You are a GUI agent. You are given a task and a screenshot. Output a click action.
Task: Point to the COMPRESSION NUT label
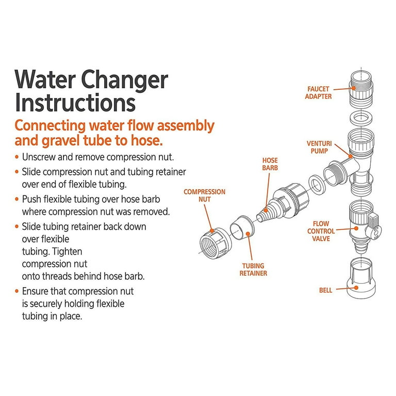pos(205,195)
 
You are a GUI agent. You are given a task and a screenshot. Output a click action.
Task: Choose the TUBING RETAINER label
pos(253,269)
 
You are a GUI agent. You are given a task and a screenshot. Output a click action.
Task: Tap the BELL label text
pos(325,290)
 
